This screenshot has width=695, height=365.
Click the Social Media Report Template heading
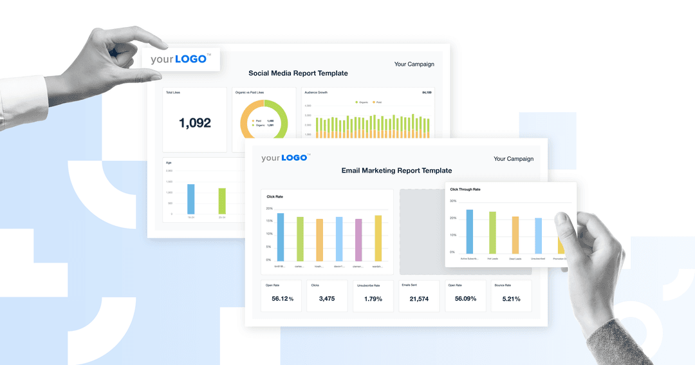(x=298, y=73)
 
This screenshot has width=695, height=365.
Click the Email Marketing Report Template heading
(x=396, y=171)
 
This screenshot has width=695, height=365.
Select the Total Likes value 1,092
(x=194, y=123)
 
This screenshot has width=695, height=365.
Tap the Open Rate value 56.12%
(x=282, y=299)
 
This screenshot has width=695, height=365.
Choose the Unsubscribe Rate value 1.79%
(x=373, y=299)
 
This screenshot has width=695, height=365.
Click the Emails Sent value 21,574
(x=419, y=299)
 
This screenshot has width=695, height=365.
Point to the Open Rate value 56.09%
(x=465, y=299)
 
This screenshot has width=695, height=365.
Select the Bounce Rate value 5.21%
(x=512, y=299)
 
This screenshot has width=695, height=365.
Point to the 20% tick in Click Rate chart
(x=269, y=209)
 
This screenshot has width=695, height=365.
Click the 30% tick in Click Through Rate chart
(x=453, y=201)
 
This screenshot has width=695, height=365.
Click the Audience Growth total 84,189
(x=426, y=93)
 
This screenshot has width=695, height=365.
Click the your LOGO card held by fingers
(x=180, y=59)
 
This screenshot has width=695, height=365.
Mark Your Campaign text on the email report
(x=513, y=159)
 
